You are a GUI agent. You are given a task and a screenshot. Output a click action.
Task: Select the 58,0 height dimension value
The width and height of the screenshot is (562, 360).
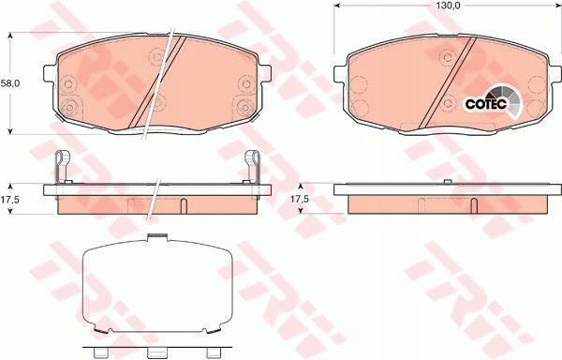[9, 83]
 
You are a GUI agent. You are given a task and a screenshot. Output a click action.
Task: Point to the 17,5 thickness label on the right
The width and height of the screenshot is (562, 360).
[298, 199]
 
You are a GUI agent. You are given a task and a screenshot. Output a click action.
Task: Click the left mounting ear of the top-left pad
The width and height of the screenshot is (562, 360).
[52, 72]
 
